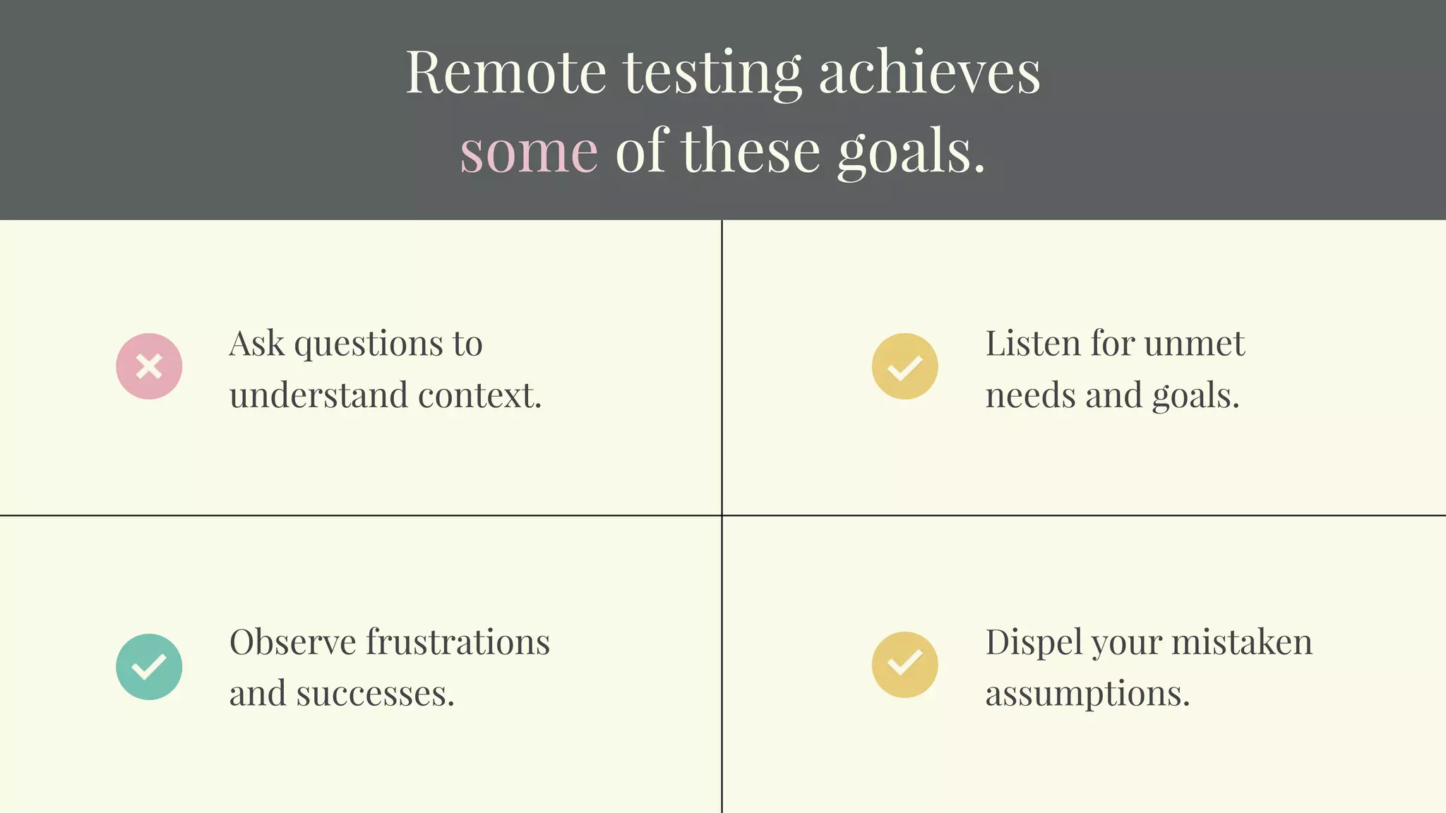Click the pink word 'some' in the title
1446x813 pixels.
click(529, 152)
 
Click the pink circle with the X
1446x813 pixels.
click(149, 366)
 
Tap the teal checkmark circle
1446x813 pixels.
click(149, 667)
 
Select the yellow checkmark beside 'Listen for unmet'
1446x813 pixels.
click(904, 366)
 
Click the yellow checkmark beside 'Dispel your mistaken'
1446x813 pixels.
click(904, 665)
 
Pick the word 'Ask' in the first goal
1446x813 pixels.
click(257, 344)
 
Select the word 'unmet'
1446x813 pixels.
click(1194, 344)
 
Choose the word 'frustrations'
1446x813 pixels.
click(458, 642)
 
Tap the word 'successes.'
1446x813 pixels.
click(375, 694)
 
